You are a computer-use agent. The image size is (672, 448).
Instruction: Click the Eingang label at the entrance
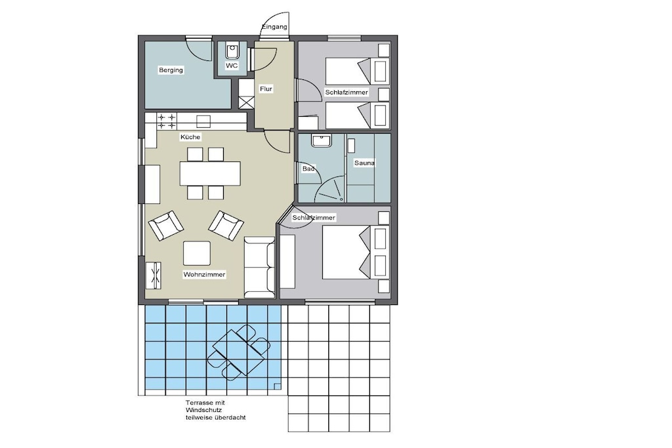(x=274, y=26)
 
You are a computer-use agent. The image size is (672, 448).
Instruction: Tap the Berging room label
(x=171, y=70)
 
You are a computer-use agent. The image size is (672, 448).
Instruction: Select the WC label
(x=232, y=66)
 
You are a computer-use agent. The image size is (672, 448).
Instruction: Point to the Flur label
(x=266, y=89)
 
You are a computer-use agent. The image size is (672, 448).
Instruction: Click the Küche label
(x=190, y=137)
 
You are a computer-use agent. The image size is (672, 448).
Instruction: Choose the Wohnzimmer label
(x=205, y=275)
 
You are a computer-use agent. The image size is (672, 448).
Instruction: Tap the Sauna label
(x=364, y=163)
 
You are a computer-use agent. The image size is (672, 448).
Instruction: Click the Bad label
(x=308, y=169)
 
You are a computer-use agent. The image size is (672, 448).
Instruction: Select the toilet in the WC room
(x=232, y=51)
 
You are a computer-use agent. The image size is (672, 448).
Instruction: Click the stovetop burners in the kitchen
(x=166, y=121)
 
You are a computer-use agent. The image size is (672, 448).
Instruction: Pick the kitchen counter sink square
(x=203, y=121)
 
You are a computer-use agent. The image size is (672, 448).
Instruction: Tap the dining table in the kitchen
(x=210, y=173)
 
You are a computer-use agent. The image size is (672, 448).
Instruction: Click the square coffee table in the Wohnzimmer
(x=197, y=253)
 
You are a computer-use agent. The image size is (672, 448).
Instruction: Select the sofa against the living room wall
(x=259, y=267)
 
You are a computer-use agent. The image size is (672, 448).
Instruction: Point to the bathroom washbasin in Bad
(x=321, y=141)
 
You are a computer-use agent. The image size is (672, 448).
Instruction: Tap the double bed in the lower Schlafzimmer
(x=356, y=253)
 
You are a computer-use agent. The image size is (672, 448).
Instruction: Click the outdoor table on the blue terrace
(x=239, y=352)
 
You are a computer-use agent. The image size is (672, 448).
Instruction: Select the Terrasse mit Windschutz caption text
(x=215, y=410)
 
